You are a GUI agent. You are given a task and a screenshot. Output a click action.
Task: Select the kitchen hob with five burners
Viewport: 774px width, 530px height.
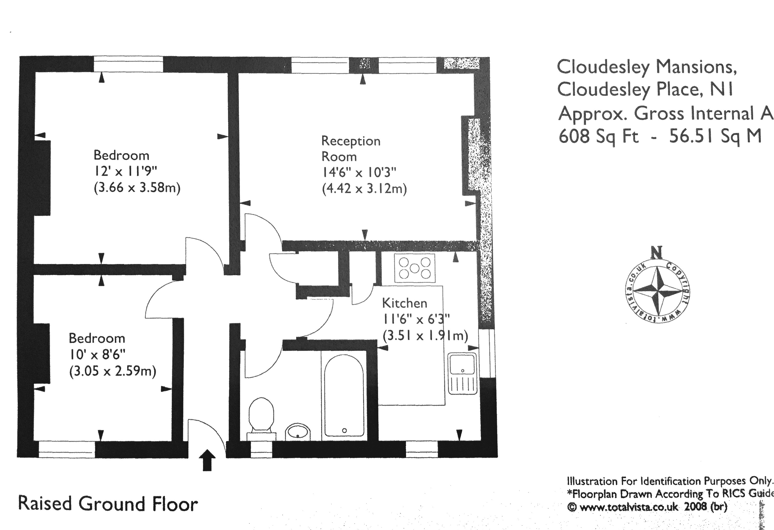pos(414,268)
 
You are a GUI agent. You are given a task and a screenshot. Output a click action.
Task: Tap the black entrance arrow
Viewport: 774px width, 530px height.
pos(207,460)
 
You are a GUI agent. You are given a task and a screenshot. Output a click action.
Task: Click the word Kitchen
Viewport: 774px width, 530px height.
pos(404,303)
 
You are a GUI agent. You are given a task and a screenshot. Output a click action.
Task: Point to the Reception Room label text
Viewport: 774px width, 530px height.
pos(350,149)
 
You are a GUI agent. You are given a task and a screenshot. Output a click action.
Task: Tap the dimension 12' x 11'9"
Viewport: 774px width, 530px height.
pos(125,171)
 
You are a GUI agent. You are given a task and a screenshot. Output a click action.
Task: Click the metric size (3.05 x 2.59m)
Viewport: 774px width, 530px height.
pos(113,371)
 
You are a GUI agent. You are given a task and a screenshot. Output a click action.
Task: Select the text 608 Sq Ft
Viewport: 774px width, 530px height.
pos(598,136)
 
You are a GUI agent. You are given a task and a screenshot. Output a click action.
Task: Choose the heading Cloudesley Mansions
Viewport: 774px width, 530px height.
pos(647,67)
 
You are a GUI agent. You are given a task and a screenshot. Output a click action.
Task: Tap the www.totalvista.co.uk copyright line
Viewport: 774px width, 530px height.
pos(647,507)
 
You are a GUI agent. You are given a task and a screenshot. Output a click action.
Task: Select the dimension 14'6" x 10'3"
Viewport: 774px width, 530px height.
pos(359,173)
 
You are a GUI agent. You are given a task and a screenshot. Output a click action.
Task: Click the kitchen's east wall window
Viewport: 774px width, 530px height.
pos(487,353)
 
